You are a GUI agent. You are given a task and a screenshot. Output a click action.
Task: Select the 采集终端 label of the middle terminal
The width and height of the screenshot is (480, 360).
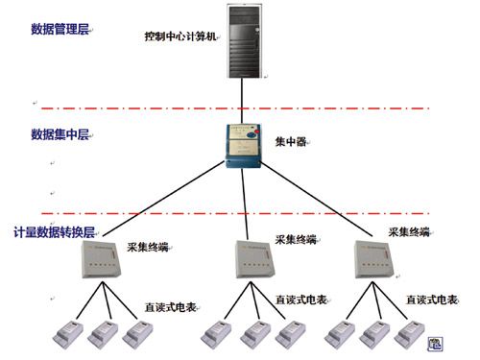point(295,240)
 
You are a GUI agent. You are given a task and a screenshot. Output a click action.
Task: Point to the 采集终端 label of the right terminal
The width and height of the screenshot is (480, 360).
point(408,231)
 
